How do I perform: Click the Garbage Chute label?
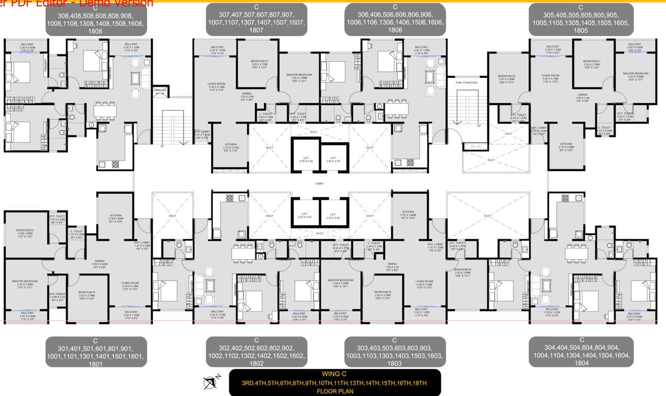coord(160,91)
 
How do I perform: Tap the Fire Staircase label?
coord(467,82)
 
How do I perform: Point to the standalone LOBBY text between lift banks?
coord(320,184)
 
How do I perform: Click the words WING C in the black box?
coord(334,374)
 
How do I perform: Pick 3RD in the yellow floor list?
coord(248,383)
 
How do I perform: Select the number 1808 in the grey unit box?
coord(95,31)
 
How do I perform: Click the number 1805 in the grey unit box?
coord(580,30)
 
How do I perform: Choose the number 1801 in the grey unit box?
coord(95,364)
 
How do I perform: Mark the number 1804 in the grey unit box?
coord(581,363)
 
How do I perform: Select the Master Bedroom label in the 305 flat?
coord(635,75)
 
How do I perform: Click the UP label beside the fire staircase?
coord(478,126)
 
